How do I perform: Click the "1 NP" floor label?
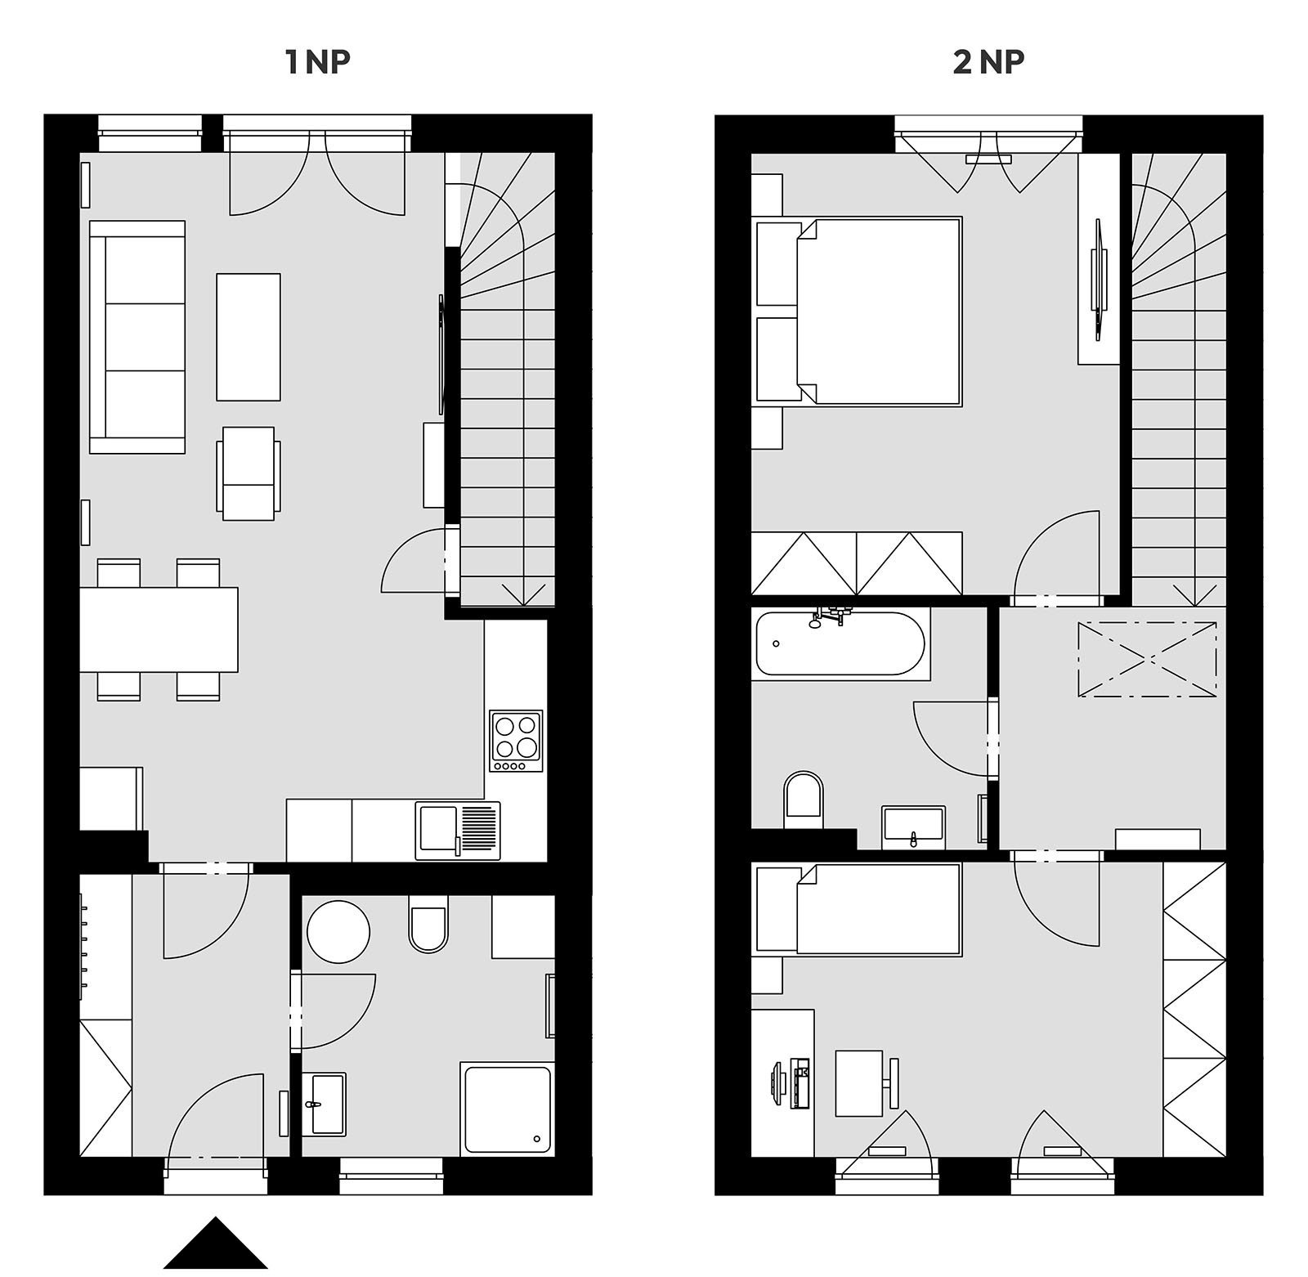pos(318,63)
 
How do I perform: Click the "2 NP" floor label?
pos(988,63)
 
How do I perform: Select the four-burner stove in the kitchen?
pos(517,741)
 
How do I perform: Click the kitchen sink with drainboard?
pos(458,831)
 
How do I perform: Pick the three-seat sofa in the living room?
pos(137,337)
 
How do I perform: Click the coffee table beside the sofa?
pos(249,337)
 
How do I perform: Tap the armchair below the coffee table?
pos(249,473)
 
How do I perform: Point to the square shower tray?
pos(508,1109)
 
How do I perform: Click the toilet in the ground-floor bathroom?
pos(428,924)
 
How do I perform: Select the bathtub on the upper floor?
pos(841,643)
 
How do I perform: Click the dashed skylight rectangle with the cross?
pos(1147,659)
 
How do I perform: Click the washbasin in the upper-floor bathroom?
pos(913,827)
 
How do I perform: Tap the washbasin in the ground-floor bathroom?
pos(325,1104)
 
